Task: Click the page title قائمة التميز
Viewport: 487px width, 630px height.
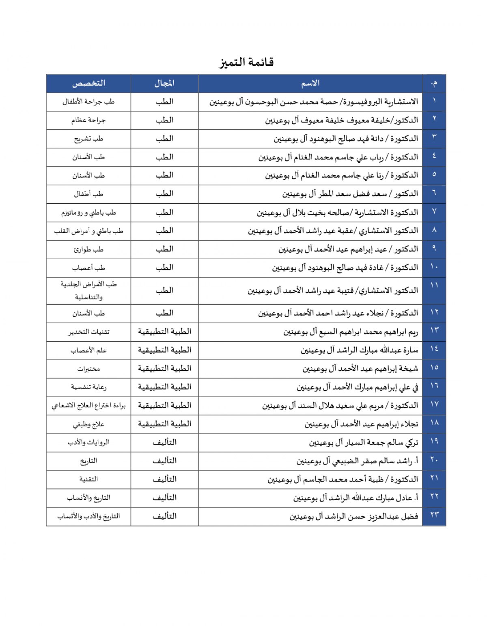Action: click(246, 62)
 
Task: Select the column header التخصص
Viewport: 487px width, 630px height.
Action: click(88, 83)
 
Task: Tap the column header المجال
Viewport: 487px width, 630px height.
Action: click(164, 83)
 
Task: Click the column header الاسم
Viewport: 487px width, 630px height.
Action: click(310, 83)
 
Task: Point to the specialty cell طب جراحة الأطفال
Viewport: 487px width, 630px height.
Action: click(88, 102)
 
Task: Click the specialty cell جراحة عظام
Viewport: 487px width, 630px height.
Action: click(88, 120)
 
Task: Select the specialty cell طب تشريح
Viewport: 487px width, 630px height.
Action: click(88, 139)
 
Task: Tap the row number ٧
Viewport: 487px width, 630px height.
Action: click(434, 212)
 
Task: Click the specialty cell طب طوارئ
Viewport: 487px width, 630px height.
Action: click(88, 249)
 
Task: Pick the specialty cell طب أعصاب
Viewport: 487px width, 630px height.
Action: click(88, 268)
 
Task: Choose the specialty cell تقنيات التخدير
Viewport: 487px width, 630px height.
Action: click(88, 332)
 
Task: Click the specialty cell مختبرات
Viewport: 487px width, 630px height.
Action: click(88, 369)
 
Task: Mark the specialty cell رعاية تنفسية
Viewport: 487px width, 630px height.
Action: click(88, 387)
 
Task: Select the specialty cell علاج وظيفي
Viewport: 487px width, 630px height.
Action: click(88, 424)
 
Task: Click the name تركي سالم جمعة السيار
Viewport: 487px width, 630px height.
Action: click(363, 443)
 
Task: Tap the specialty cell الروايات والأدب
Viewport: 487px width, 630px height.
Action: click(88, 442)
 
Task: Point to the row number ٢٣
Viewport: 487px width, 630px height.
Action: click(434, 516)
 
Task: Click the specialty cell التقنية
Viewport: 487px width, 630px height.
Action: click(88, 479)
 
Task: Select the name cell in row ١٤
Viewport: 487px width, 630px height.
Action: click(359, 350)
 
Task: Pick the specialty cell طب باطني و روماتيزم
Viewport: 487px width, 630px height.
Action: click(88, 213)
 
